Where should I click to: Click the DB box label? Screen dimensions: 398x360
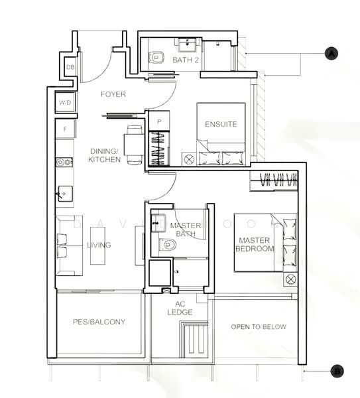70,68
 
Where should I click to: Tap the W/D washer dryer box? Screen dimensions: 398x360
66,103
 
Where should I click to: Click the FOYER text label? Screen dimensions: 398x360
113,94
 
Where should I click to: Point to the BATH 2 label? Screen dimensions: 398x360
186,60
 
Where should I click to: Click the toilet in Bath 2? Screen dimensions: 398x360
156,58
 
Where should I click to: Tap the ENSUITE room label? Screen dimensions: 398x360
221,124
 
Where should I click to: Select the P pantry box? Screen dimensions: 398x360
158,121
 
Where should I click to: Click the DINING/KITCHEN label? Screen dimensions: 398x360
105,155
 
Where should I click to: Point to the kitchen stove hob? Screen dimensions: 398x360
64,162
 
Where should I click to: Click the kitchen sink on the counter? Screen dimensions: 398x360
65,194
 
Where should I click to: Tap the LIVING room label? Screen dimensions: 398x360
99,245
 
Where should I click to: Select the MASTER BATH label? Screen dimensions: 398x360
185,230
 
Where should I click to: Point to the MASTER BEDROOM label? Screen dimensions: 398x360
255,244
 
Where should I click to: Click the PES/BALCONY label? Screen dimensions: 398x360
99,322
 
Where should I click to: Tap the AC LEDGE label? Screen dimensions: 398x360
180,308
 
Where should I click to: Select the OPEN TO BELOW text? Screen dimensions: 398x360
258,327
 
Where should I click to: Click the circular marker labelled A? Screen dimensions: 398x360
331,53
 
